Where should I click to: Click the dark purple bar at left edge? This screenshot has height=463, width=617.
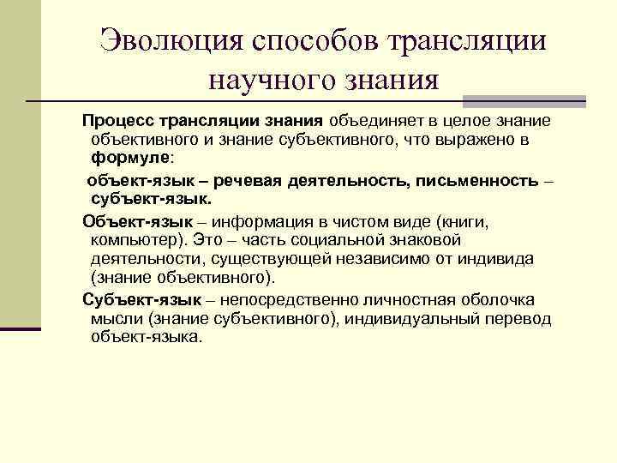(21, 327)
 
